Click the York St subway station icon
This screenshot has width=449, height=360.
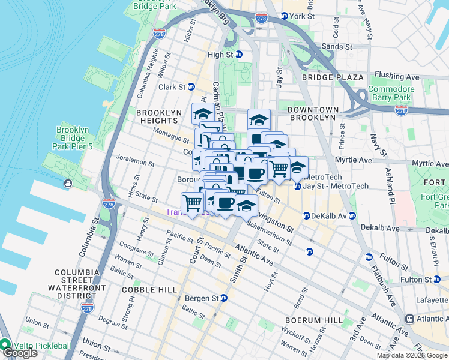283,17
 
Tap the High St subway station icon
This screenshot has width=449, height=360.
238,55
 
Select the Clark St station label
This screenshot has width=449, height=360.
172,87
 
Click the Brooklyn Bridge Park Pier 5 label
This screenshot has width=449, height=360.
73,138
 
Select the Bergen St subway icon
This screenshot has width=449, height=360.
224,298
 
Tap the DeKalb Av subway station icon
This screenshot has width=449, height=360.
306,216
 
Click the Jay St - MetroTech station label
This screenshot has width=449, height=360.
337,186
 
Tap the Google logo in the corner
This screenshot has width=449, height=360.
20,353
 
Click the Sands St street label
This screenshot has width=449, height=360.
337,46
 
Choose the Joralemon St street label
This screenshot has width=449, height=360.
136,163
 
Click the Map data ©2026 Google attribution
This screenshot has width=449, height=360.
412,355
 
